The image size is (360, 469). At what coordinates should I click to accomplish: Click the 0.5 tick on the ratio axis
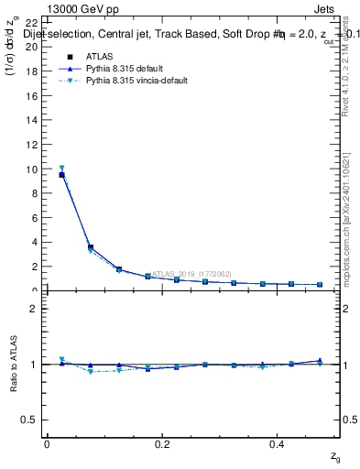click(29, 420)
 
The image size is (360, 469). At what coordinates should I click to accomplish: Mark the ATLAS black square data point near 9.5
click(61, 175)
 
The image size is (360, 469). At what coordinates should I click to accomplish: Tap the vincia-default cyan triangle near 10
click(61, 168)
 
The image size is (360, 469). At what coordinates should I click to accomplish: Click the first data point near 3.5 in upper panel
click(90, 247)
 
